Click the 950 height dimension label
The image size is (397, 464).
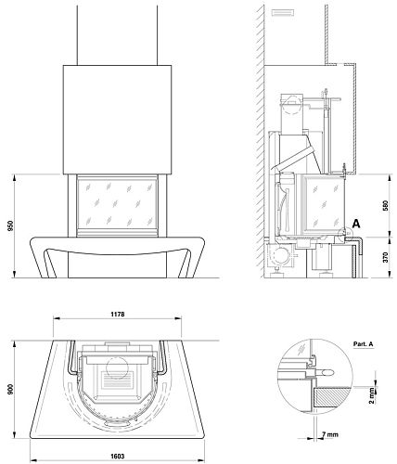coord(11,226)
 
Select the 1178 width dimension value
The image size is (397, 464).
coord(118,315)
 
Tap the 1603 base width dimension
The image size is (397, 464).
coord(118,457)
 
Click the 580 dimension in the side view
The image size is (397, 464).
coord(385,206)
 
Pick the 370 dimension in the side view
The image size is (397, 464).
coord(385,257)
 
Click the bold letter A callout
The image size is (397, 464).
coord(356,224)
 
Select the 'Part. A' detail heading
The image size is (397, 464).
coord(363,344)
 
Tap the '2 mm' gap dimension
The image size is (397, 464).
coord(371,395)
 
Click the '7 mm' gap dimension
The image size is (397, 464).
coord(329,434)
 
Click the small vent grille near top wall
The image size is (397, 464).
coord(282,13)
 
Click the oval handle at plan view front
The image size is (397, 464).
coord(117,423)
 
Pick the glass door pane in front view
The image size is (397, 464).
coord(117,204)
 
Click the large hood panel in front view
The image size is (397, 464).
coord(117,120)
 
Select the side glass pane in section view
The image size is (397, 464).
coord(325,204)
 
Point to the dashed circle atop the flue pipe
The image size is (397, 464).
coord(292,105)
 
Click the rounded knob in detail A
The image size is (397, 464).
coord(327,372)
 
